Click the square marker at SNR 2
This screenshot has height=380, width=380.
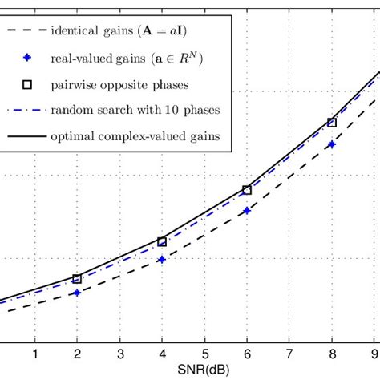tap(77, 279)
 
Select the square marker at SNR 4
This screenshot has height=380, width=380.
tap(162, 241)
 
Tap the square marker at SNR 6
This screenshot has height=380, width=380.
tap(247, 190)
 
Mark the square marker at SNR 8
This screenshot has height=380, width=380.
tap(332, 123)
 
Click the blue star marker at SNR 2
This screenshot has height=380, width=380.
tap(77, 293)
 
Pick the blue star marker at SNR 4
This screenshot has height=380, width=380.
tap(162, 259)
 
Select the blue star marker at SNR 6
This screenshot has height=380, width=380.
tap(247, 211)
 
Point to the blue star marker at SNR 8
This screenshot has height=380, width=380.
tap(332, 145)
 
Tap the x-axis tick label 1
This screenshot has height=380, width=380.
tap(34, 354)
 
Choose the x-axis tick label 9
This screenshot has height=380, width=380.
tap(374, 354)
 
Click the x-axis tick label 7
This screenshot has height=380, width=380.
tap(289, 354)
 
